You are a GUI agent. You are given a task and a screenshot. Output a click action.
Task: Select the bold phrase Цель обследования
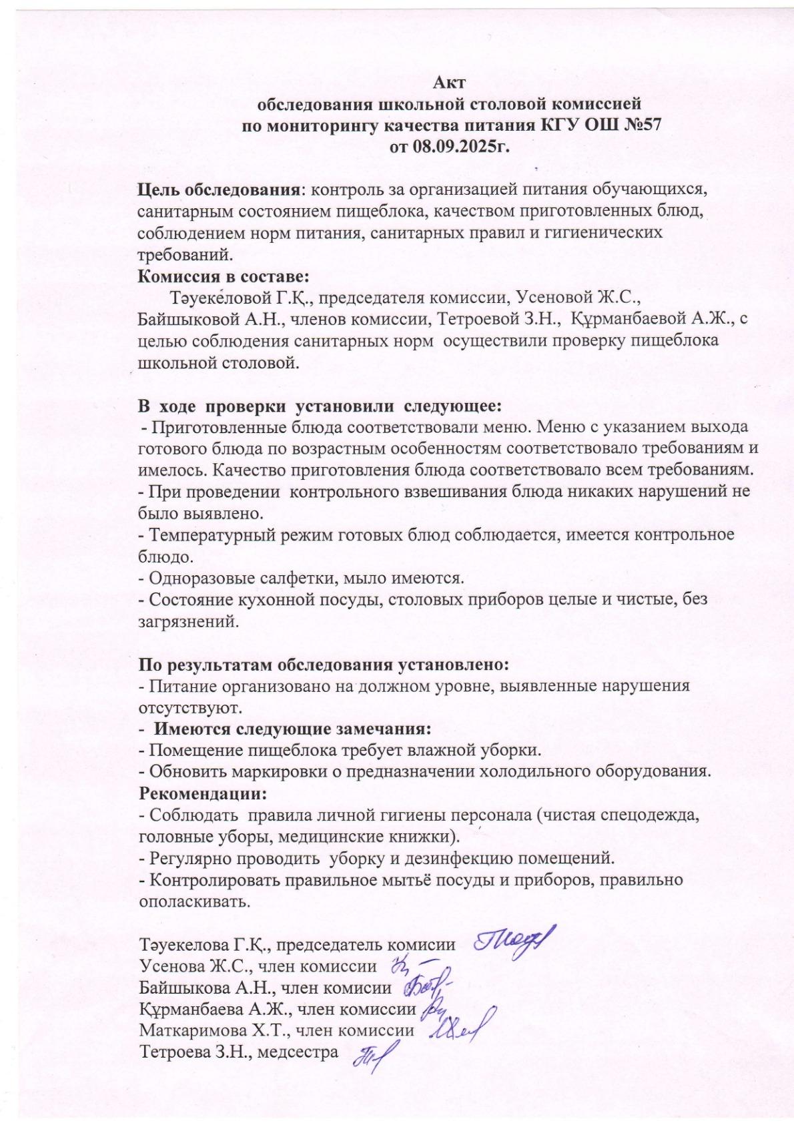pos(219,190)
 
